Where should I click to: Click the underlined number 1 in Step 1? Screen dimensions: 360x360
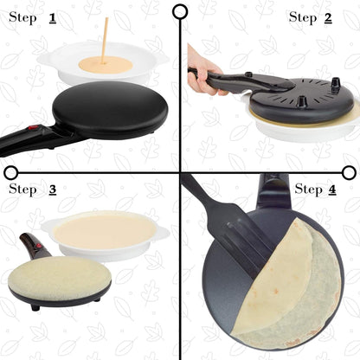(x=53, y=17)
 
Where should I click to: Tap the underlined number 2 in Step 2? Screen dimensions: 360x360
(x=327, y=16)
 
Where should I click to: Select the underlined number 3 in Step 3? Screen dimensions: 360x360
(x=53, y=189)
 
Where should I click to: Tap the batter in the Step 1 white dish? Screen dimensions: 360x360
(x=105, y=65)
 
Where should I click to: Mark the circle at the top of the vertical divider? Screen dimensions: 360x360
(x=180, y=11)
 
